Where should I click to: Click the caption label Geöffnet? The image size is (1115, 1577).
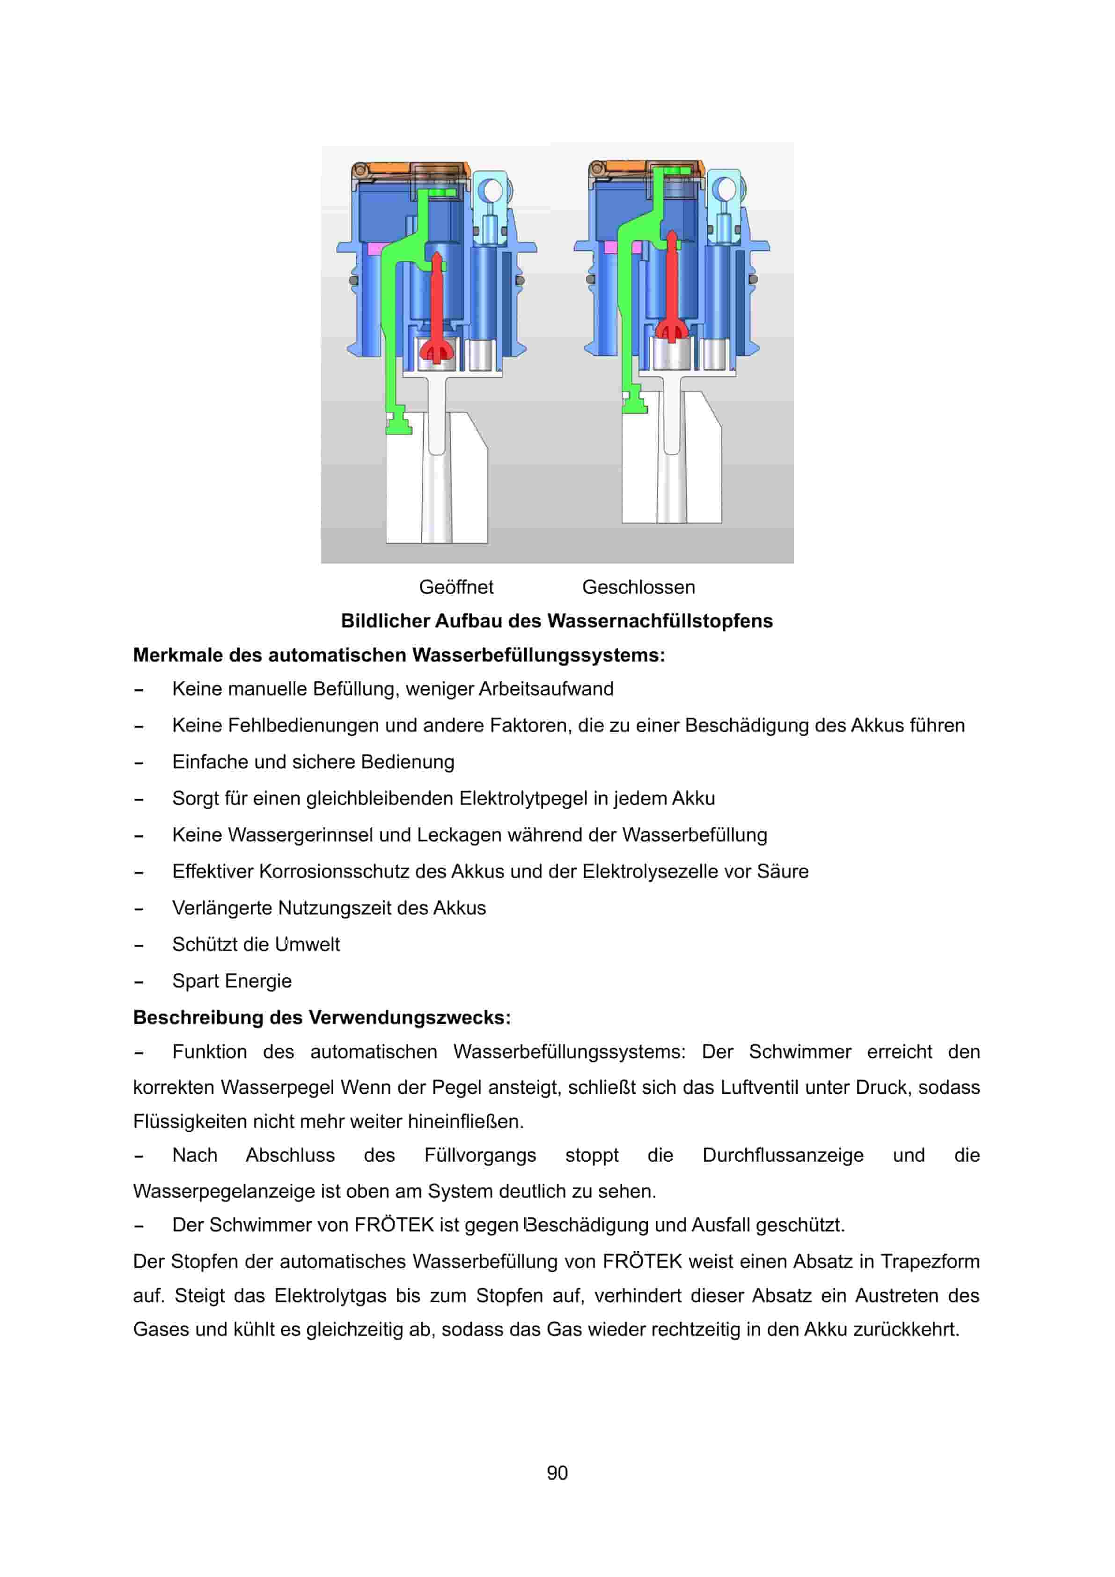click(456, 587)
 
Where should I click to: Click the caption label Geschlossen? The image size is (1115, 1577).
click(638, 587)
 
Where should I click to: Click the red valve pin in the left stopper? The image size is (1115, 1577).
click(436, 302)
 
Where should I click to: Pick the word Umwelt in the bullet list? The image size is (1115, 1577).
click(307, 944)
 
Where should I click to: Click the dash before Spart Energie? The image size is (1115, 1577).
click(139, 982)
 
